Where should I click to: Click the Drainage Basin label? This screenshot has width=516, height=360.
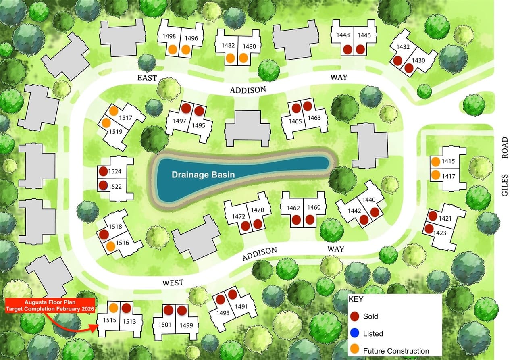point(203,175)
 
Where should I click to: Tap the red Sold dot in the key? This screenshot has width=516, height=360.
point(355,316)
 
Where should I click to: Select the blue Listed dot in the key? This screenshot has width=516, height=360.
point(355,333)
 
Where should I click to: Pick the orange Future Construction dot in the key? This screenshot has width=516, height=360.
point(355,350)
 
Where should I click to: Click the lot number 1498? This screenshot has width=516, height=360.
point(169,36)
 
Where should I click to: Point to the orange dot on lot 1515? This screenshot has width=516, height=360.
point(114,308)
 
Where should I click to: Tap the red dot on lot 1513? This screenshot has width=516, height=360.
point(126,308)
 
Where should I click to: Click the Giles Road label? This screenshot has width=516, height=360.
point(505,166)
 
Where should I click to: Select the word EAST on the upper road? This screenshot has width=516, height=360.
point(147,78)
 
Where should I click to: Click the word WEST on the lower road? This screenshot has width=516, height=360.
point(173,283)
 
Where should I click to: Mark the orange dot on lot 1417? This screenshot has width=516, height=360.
point(435,175)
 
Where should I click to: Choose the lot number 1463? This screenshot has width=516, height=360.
point(314,118)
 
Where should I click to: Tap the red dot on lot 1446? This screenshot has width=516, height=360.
point(360,49)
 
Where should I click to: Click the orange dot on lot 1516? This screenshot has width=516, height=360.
point(111,246)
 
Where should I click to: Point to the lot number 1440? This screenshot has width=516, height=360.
point(368,200)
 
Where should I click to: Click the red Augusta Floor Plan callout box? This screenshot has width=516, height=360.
point(50,305)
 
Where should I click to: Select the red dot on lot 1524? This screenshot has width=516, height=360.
point(103,171)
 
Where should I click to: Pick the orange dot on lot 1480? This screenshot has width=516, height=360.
point(243,58)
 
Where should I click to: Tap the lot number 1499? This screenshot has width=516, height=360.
point(186,325)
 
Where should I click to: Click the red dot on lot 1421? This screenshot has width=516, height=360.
point(433,216)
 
